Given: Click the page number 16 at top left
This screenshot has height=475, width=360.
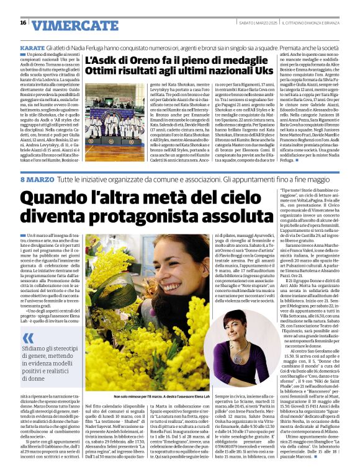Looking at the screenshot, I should (x=22, y=23).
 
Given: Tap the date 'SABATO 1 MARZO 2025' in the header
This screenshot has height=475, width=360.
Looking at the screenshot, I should (x=248, y=23).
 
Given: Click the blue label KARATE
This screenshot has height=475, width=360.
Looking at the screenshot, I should (x=32, y=47).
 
